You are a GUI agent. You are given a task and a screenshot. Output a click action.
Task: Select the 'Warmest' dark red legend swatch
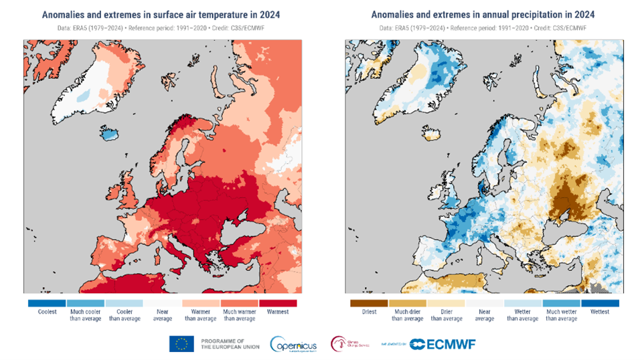pyautogui.click(x=276, y=303)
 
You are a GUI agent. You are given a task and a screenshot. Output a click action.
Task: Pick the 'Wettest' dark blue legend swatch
pyautogui.click(x=600, y=303)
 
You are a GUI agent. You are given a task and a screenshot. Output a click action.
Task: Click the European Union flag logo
pyautogui.click(x=181, y=344)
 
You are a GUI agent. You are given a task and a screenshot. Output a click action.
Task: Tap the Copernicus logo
pyautogui.click(x=293, y=344)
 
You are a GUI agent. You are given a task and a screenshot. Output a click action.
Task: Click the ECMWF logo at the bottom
pyautogui.click(x=442, y=344)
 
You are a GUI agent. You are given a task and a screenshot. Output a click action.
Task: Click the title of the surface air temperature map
pyautogui.click(x=161, y=14)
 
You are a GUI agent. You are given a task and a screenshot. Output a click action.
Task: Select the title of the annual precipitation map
pyautogui.click(x=483, y=14)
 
